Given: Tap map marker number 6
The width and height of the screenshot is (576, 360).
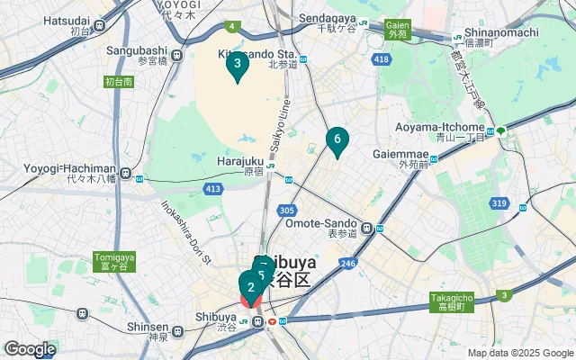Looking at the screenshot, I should (x=337, y=139).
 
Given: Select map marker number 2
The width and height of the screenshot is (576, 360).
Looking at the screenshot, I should (x=251, y=288).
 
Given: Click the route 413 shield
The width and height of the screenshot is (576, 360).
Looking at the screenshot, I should (x=212, y=189).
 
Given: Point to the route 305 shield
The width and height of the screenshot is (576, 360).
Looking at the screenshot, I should (x=287, y=210).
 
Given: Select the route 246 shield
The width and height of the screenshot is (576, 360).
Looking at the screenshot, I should (x=346, y=263).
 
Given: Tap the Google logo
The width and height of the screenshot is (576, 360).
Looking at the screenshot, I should (x=30, y=349).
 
